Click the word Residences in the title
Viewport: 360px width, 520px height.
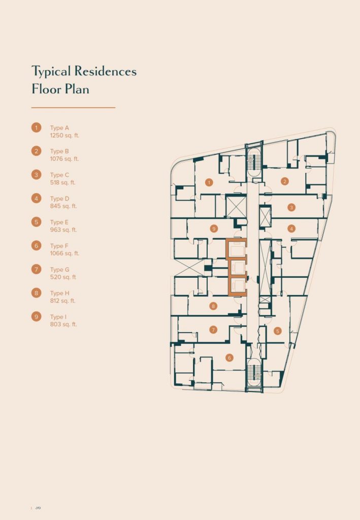click(x=106, y=71)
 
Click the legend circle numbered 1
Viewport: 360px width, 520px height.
click(x=37, y=127)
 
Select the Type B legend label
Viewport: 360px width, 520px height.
click(x=60, y=151)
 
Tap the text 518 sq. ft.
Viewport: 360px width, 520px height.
click(x=62, y=182)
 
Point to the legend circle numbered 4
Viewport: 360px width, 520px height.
click(x=37, y=199)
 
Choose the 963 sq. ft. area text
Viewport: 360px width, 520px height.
click(x=63, y=230)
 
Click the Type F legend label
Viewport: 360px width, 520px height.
click(x=59, y=246)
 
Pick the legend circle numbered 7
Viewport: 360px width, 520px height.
click(x=37, y=269)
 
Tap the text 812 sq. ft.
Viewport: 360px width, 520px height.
click(x=62, y=301)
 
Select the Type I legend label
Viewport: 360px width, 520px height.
click(x=58, y=317)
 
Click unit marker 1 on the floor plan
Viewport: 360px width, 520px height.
click(x=209, y=182)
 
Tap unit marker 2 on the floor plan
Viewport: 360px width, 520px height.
click(x=284, y=181)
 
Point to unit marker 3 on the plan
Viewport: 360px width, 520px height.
click(x=291, y=208)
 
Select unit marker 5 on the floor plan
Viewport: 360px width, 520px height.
click(x=278, y=331)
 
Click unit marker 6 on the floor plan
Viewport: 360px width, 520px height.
click(x=229, y=357)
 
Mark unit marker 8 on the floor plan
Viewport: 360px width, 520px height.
click(x=213, y=306)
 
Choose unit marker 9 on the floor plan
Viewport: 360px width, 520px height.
click(x=214, y=229)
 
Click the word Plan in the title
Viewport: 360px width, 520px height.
click(x=77, y=89)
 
